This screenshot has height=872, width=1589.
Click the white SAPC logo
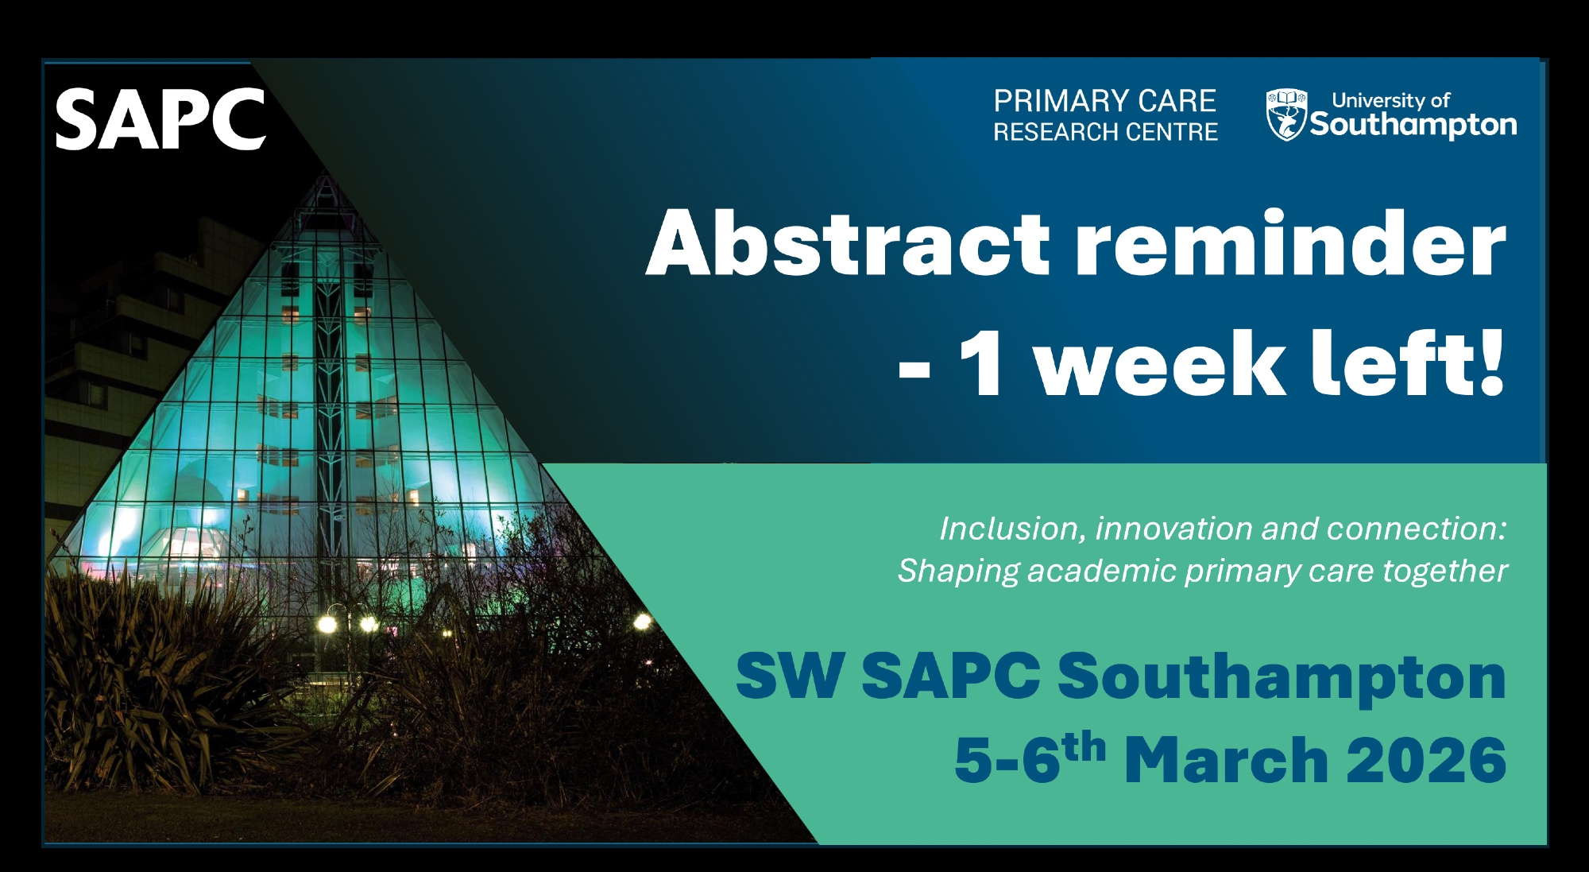(x=160, y=119)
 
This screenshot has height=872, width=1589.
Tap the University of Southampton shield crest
(x=1286, y=114)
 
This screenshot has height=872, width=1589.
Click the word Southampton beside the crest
(x=1413, y=125)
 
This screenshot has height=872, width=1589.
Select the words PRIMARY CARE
(x=1104, y=101)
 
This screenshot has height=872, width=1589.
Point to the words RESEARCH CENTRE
(x=1105, y=132)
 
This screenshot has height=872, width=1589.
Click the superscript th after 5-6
(x=1084, y=747)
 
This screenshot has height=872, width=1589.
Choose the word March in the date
(x=1227, y=760)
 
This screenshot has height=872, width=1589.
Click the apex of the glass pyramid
(x=327, y=176)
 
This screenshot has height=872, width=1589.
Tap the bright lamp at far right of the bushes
(x=642, y=621)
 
